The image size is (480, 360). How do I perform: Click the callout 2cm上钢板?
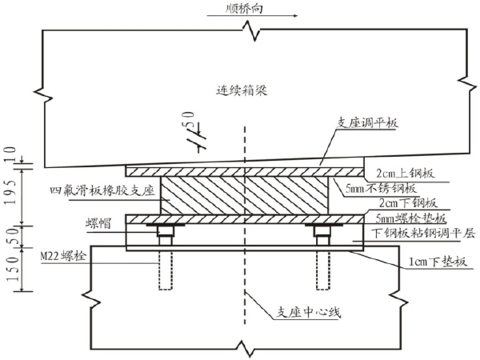[409, 172]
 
